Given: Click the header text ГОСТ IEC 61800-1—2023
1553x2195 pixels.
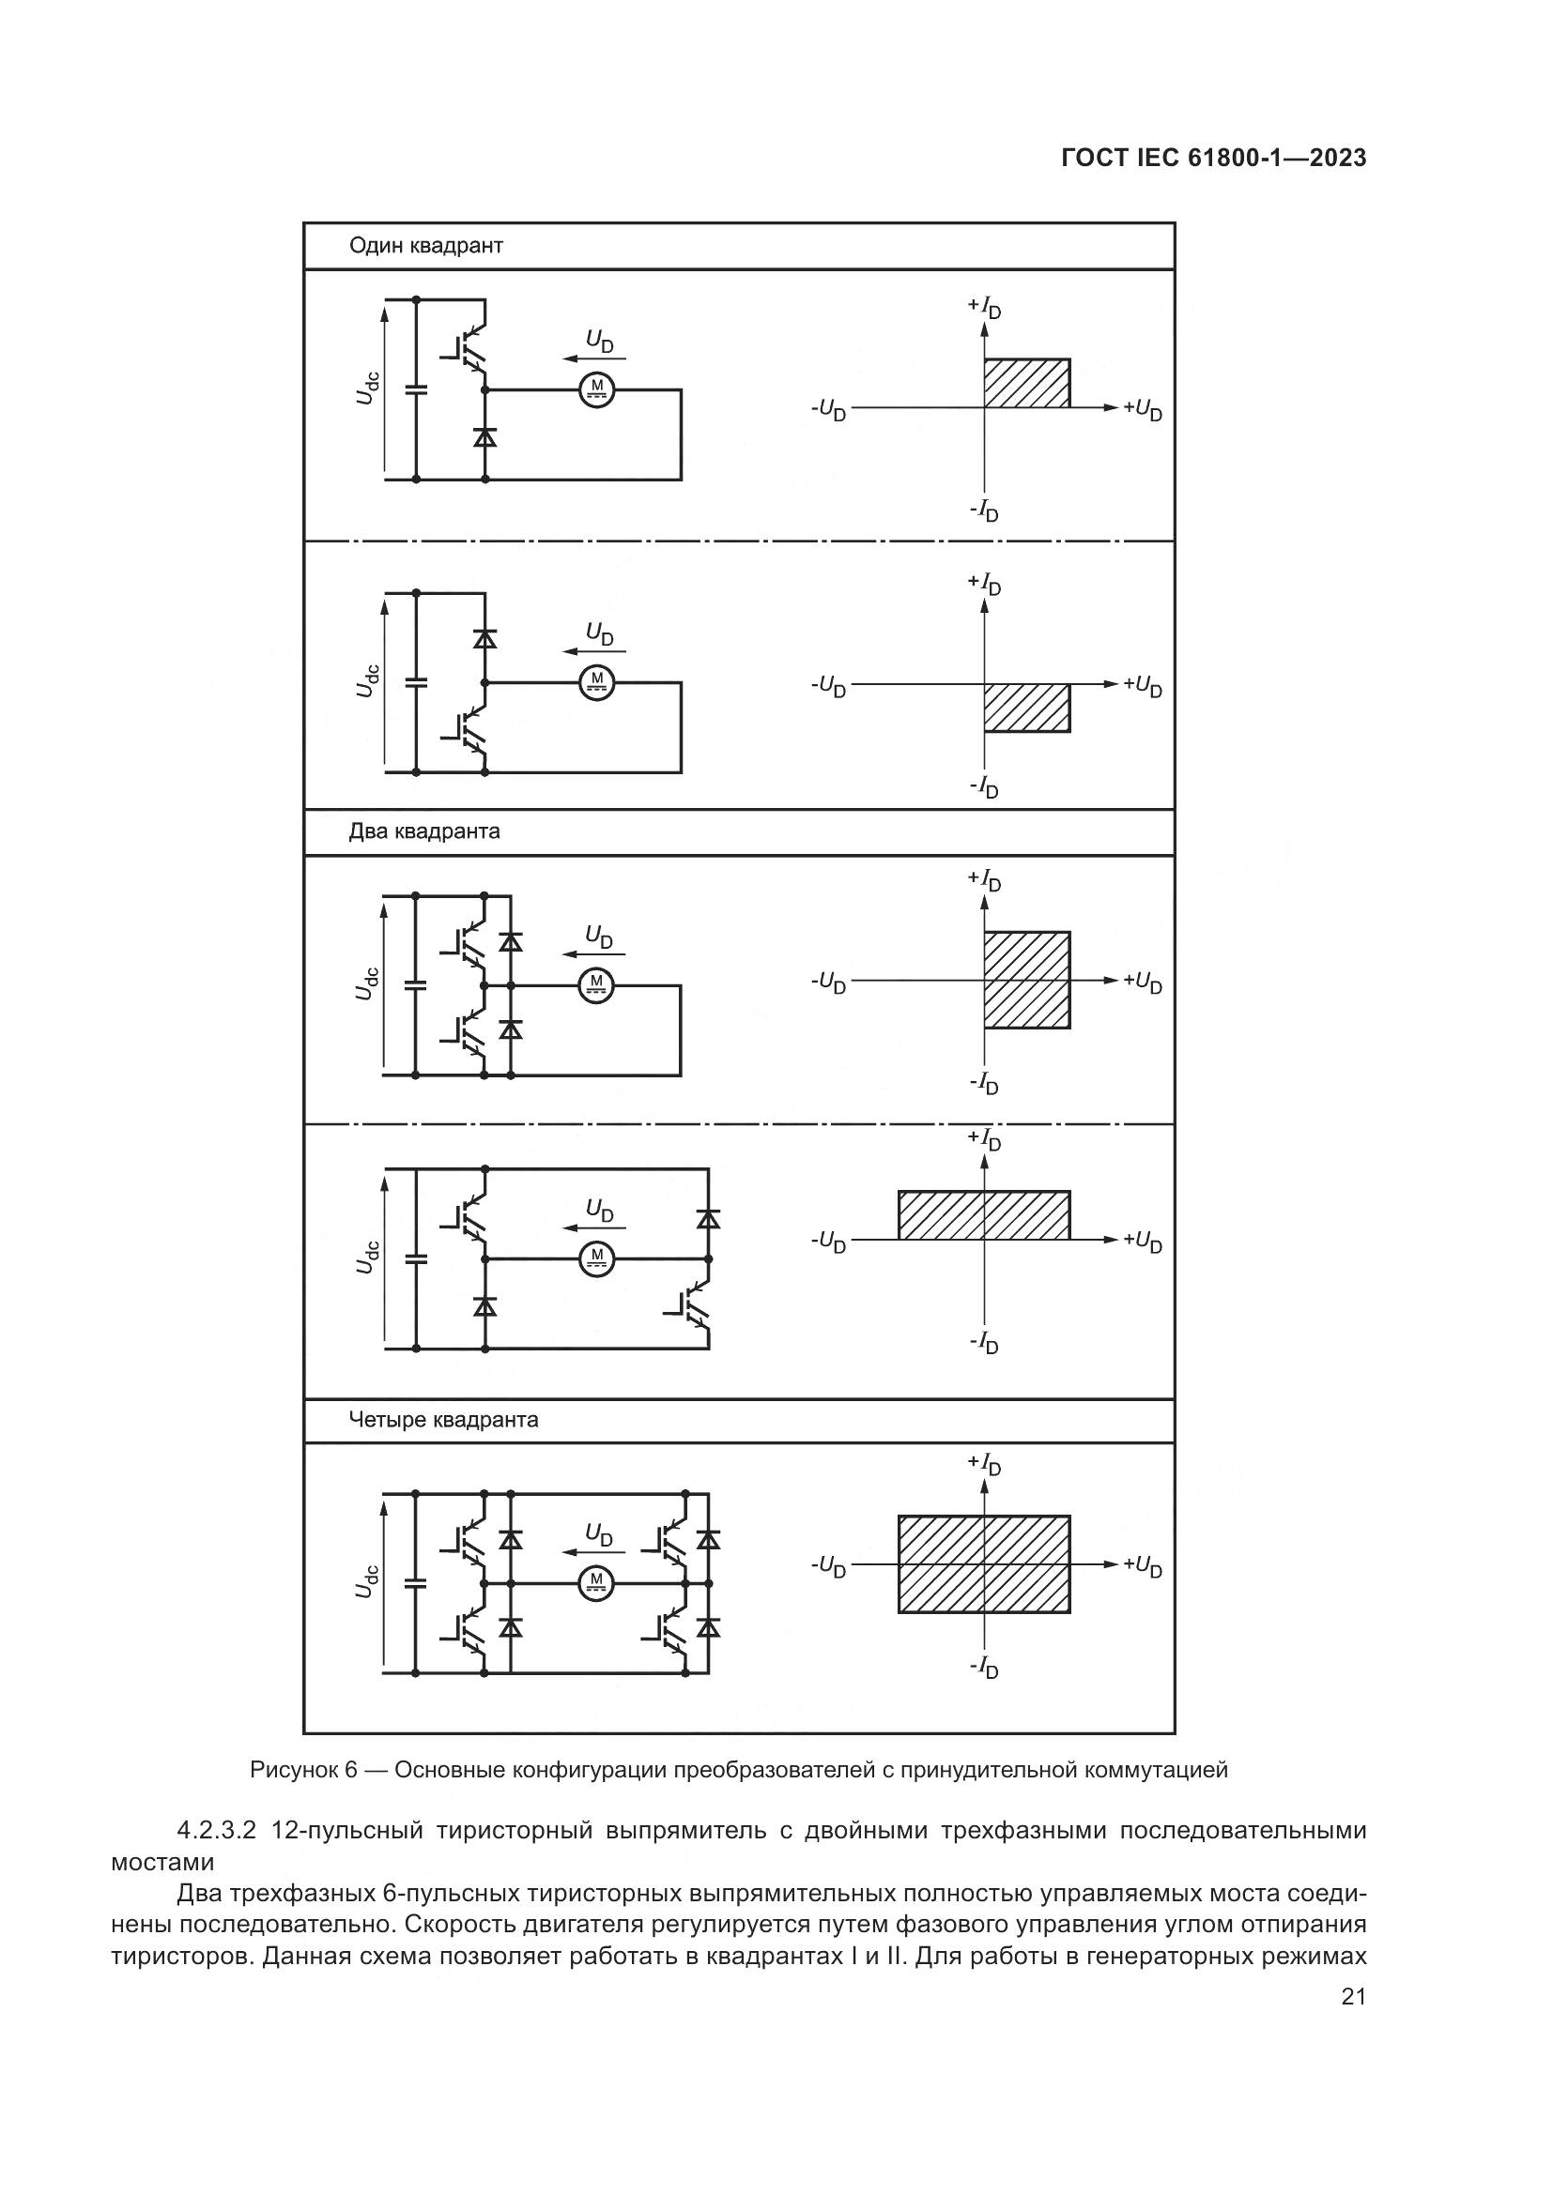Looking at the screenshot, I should pos(1212,158).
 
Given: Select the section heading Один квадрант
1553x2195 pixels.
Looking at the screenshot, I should pos(425,246).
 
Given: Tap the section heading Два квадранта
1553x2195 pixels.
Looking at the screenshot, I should pos(423,831).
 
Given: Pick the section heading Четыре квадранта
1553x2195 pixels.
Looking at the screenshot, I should pos(443,1420).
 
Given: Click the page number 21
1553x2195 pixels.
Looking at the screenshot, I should pos(1353,1997).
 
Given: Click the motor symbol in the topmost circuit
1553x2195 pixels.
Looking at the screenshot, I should pos(598,389).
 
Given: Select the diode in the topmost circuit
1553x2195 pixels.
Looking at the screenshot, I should pos(484,437).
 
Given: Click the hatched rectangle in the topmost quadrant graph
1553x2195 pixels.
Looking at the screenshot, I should pos(1026,384).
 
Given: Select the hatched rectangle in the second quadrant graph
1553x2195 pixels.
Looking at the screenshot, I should pos(1026,708).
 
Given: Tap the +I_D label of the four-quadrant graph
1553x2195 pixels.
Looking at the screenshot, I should pos(984,1464).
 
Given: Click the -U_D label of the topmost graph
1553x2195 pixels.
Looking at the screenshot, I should pos(828,410).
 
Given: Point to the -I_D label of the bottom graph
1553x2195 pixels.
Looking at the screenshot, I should pos(984,1669).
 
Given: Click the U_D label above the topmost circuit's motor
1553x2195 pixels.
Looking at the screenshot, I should pos(600,342).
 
